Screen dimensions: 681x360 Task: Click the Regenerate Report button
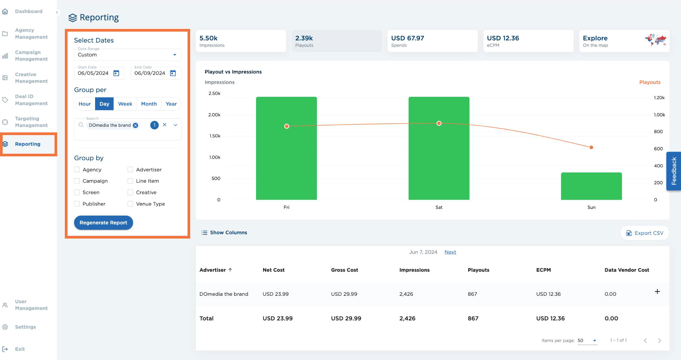103,223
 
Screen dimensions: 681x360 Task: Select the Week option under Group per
125,104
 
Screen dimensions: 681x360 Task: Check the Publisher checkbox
77,204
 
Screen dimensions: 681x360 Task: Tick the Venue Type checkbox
130,204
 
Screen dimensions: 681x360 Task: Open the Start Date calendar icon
116,73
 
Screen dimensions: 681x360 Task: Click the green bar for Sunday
591,186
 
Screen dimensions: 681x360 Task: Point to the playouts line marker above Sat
439,123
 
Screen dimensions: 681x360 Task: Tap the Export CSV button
645,233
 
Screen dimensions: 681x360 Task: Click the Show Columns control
224,233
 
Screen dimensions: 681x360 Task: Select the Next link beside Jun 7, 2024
450,252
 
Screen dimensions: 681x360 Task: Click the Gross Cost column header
344,270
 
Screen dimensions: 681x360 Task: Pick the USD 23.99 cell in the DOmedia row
276,294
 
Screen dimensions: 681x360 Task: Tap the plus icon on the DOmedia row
657,291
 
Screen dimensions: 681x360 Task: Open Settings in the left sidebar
25,327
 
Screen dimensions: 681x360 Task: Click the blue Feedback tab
674,171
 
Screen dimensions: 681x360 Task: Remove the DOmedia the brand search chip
135,125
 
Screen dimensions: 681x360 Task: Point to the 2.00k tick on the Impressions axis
214,115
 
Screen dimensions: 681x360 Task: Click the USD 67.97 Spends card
432,41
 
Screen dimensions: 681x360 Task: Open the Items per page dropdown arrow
595,340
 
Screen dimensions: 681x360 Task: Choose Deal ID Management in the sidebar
31,100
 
